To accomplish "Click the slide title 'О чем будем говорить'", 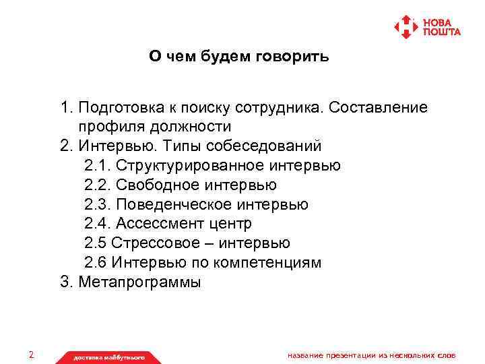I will point(239,57).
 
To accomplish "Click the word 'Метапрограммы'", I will point(139,282).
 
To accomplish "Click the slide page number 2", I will point(31,355).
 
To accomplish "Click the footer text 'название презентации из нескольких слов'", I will point(371,355).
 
